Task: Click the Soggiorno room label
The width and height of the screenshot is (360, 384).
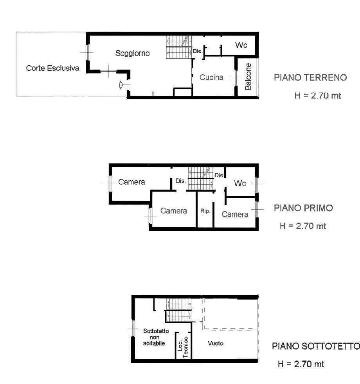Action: pos(132,53)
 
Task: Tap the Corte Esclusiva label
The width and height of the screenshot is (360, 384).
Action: pos(52,68)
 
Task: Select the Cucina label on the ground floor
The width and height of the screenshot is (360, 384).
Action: pos(211,77)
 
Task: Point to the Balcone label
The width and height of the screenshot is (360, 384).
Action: pos(248,76)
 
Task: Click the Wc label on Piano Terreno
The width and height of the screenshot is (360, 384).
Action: pos(241,45)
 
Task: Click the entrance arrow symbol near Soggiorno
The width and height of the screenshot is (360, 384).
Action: pos(121,85)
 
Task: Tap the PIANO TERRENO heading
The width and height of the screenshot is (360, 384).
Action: pos(310,77)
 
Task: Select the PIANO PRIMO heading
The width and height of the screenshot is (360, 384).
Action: pos(303,208)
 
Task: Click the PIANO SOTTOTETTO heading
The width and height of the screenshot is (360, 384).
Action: pos(316,346)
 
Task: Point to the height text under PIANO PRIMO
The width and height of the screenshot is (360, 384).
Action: pos(303,226)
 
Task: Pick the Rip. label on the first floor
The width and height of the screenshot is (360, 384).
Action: pos(205,211)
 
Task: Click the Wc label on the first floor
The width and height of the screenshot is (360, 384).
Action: pos(240,183)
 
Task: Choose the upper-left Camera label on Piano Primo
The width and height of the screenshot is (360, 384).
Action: pos(131,182)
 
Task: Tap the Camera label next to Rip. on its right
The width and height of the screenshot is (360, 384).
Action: pos(235,215)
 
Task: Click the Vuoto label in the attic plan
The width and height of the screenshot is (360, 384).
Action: pos(216,343)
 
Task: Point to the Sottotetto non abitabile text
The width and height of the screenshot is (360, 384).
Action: pos(156,337)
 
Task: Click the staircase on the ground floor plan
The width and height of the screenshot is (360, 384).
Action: pos(179,47)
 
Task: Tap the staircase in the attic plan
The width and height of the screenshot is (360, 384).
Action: pos(178,310)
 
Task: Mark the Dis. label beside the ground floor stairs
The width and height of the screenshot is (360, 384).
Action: pos(198,51)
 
